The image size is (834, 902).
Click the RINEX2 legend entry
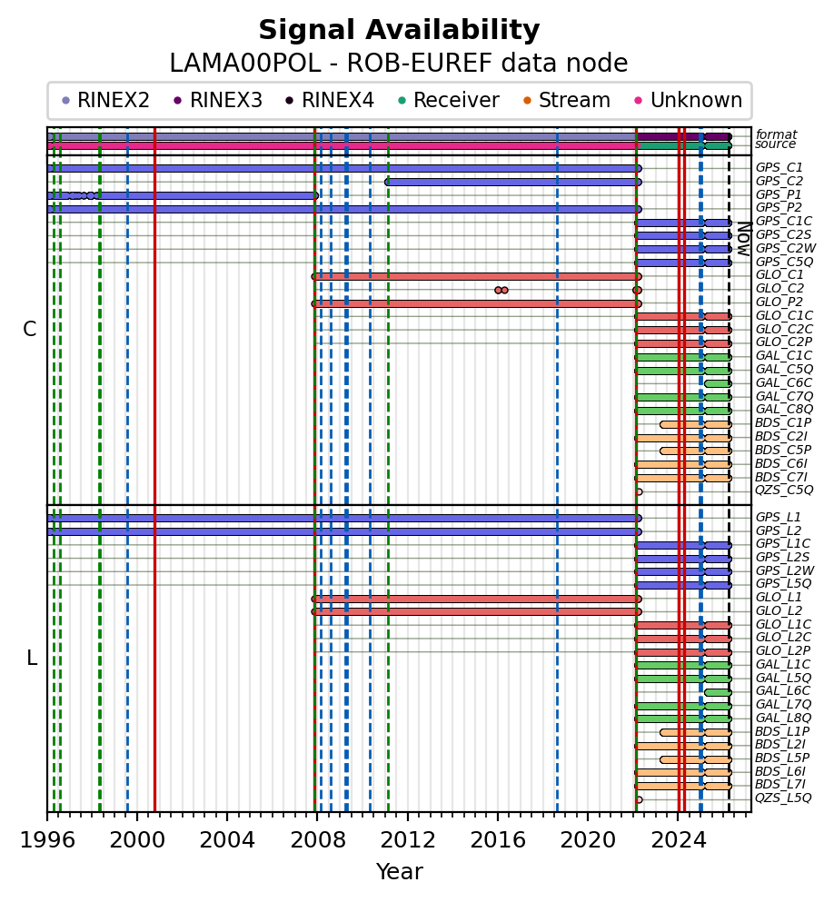(x=105, y=101)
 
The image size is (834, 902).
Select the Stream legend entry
(x=573, y=101)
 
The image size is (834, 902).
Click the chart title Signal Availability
(x=399, y=31)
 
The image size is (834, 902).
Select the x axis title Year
(x=399, y=872)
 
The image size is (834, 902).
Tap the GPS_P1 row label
(x=779, y=194)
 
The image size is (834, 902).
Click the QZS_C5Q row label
(x=783, y=491)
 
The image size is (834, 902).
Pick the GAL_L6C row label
(x=783, y=691)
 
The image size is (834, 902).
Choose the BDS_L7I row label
(x=779, y=785)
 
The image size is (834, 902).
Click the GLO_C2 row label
(x=779, y=288)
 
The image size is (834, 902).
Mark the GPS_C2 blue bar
(x=513, y=182)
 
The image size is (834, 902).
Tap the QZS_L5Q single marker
(x=639, y=799)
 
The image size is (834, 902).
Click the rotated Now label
(x=742, y=238)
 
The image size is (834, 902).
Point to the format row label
(x=776, y=135)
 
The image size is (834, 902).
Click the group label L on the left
(x=32, y=659)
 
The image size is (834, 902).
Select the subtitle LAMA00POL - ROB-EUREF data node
(x=399, y=64)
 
